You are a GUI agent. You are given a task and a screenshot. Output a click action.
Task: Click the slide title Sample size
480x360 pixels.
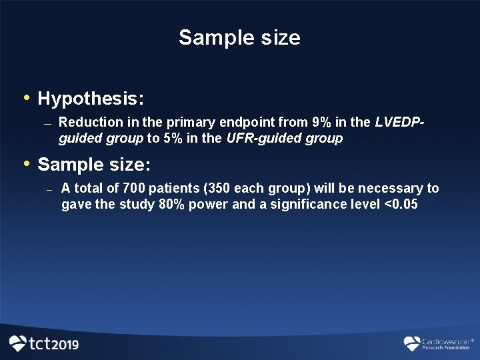click(239, 37)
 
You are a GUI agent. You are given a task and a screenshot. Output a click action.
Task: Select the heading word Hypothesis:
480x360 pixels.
click(91, 99)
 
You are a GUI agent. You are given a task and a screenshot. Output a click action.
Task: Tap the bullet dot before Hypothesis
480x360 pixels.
click(27, 98)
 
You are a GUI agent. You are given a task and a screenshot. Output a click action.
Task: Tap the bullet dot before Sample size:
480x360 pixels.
click(27, 163)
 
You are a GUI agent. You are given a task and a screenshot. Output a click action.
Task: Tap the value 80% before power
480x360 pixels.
click(173, 205)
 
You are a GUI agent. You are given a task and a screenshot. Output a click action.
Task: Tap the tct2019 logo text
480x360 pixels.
click(53, 344)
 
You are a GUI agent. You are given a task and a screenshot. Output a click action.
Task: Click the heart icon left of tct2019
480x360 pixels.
click(17, 343)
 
